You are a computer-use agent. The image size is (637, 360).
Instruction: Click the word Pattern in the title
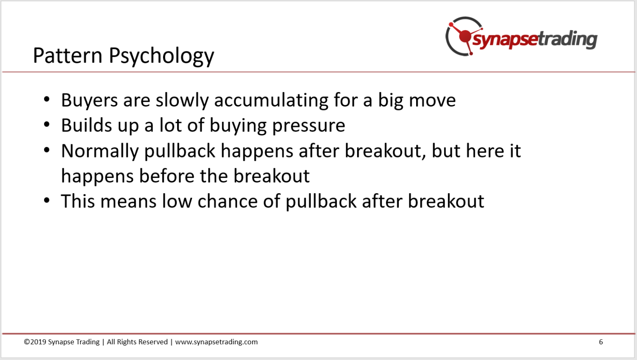(68, 55)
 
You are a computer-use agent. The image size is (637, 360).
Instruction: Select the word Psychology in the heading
(161, 56)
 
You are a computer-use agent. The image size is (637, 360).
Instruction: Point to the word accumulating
(271, 100)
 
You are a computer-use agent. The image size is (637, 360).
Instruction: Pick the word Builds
(87, 125)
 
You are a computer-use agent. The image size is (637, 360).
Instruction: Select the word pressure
(309, 127)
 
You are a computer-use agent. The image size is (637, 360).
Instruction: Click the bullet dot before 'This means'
(47, 200)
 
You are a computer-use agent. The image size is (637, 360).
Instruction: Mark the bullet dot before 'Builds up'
(47, 124)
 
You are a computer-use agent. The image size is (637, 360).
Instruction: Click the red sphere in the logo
(465, 36)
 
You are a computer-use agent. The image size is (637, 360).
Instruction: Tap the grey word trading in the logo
(568, 39)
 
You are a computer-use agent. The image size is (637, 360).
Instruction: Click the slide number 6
(600, 342)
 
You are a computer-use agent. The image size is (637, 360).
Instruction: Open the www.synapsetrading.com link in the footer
(217, 342)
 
